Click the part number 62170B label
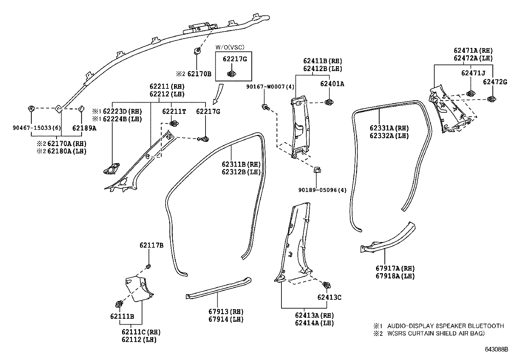[199, 74]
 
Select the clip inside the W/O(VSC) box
[232, 74]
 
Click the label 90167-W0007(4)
[270, 86]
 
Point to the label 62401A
[332, 84]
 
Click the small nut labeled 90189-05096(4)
[317, 170]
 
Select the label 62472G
[495, 82]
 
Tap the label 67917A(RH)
[395, 268]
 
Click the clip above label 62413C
[326, 285]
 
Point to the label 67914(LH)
[226, 319]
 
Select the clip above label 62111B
[119, 304]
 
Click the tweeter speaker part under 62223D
[112, 169]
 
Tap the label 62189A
[84, 128]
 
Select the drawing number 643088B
[496, 350]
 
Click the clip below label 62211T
[174, 124]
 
